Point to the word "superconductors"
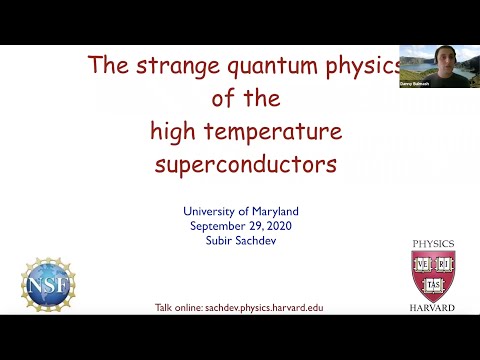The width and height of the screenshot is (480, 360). (x=245, y=164)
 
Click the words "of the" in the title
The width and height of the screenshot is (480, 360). (x=245, y=99)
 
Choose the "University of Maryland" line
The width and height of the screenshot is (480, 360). (x=240, y=211)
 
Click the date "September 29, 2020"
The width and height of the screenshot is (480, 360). (x=240, y=225)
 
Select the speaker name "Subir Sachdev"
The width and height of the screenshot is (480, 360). (x=240, y=239)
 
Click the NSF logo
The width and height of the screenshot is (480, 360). (x=48, y=284)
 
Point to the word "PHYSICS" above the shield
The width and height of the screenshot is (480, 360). (x=432, y=244)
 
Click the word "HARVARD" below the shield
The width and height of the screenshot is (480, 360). (x=432, y=308)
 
